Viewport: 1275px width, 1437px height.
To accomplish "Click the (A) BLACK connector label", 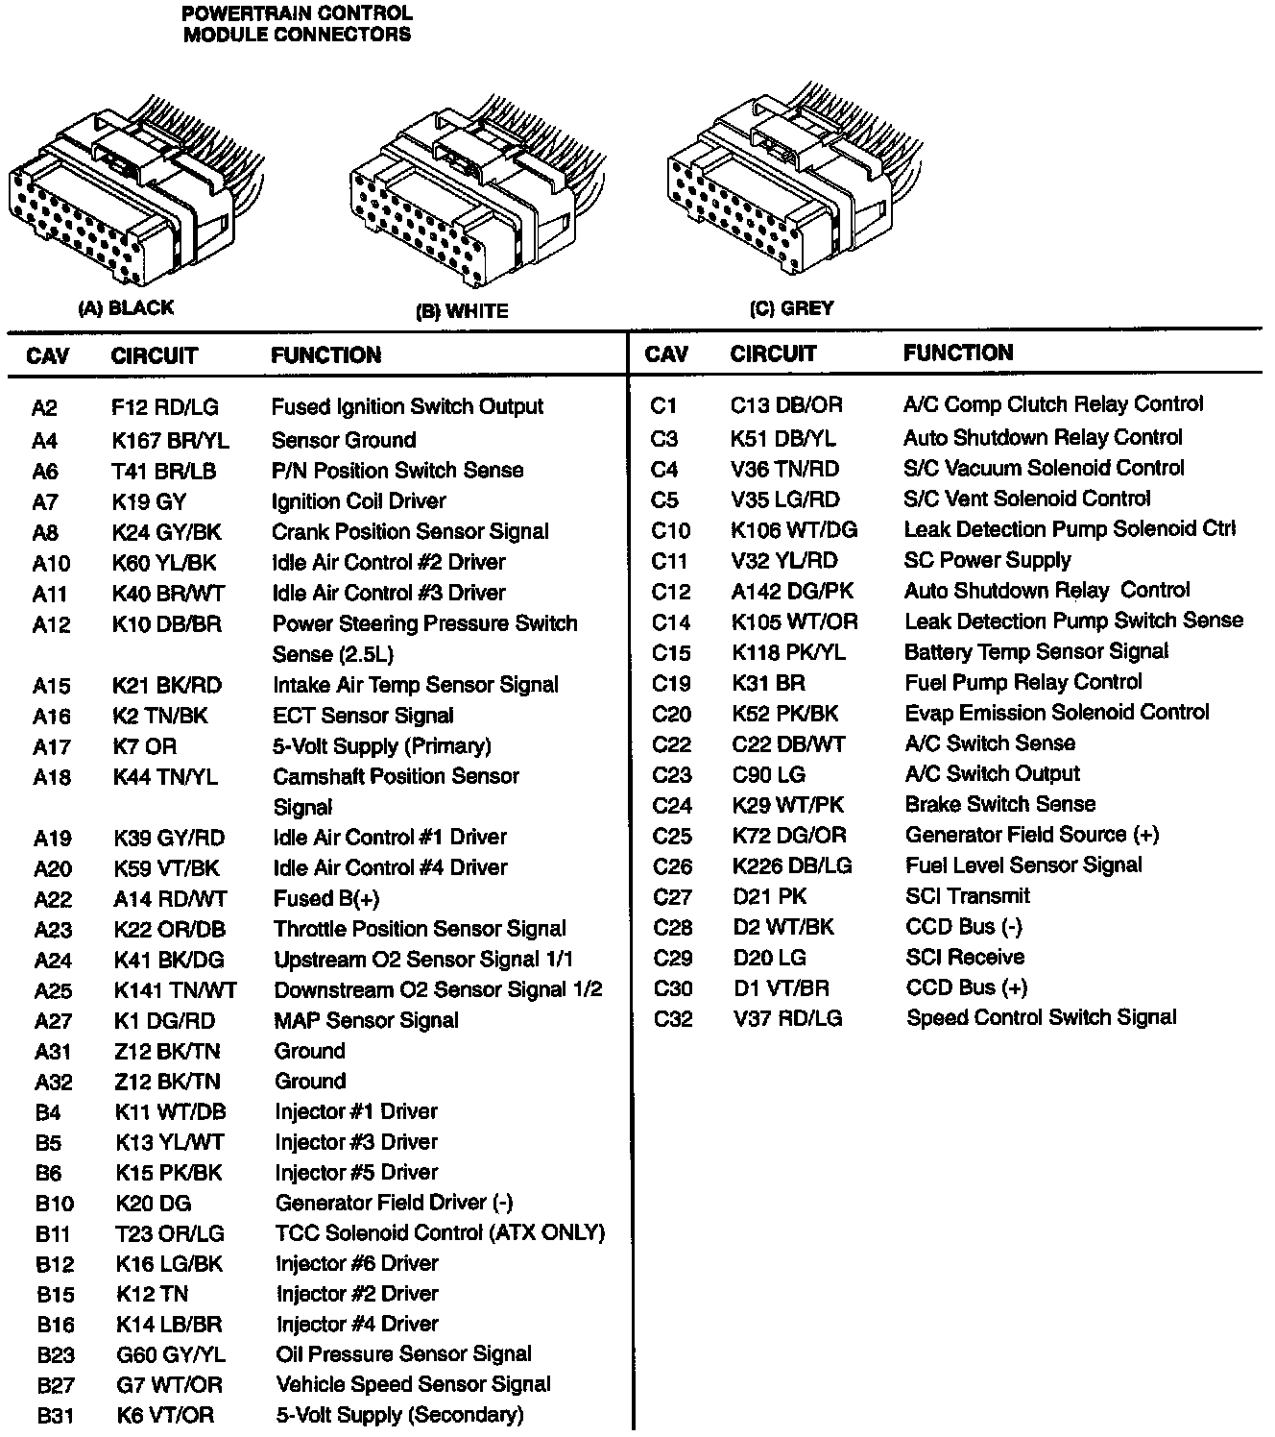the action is click(x=125, y=308).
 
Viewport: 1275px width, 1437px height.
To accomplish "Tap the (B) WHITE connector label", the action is click(x=461, y=311).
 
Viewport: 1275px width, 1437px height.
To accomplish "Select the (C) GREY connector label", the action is click(x=791, y=308).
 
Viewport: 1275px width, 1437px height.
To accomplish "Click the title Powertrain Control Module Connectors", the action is click(x=297, y=24).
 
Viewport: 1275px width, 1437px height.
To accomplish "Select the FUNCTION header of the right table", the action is click(x=957, y=353).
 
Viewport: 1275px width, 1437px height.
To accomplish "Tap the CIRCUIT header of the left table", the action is click(x=154, y=356).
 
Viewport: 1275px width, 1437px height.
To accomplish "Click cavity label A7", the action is click(x=45, y=501).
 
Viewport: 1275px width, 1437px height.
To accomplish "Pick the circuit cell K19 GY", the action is click(x=149, y=501).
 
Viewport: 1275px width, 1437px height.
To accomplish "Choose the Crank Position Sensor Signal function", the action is click(x=410, y=531).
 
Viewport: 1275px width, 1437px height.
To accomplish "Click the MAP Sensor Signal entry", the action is click(x=366, y=1020).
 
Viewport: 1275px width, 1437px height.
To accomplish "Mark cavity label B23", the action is click(x=55, y=1355).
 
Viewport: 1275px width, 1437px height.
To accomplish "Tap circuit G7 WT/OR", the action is click(x=169, y=1385).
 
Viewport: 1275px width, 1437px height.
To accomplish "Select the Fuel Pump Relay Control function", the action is click(x=1022, y=682).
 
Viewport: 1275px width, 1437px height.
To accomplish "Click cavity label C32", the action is click(x=672, y=1018).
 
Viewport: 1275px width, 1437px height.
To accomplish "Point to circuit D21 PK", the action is click(x=770, y=896).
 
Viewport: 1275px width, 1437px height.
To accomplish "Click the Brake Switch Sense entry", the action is click(x=999, y=804).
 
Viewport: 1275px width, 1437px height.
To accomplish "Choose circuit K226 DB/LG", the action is click(x=792, y=865).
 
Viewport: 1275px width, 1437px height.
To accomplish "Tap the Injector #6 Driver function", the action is click(x=356, y=1263).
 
